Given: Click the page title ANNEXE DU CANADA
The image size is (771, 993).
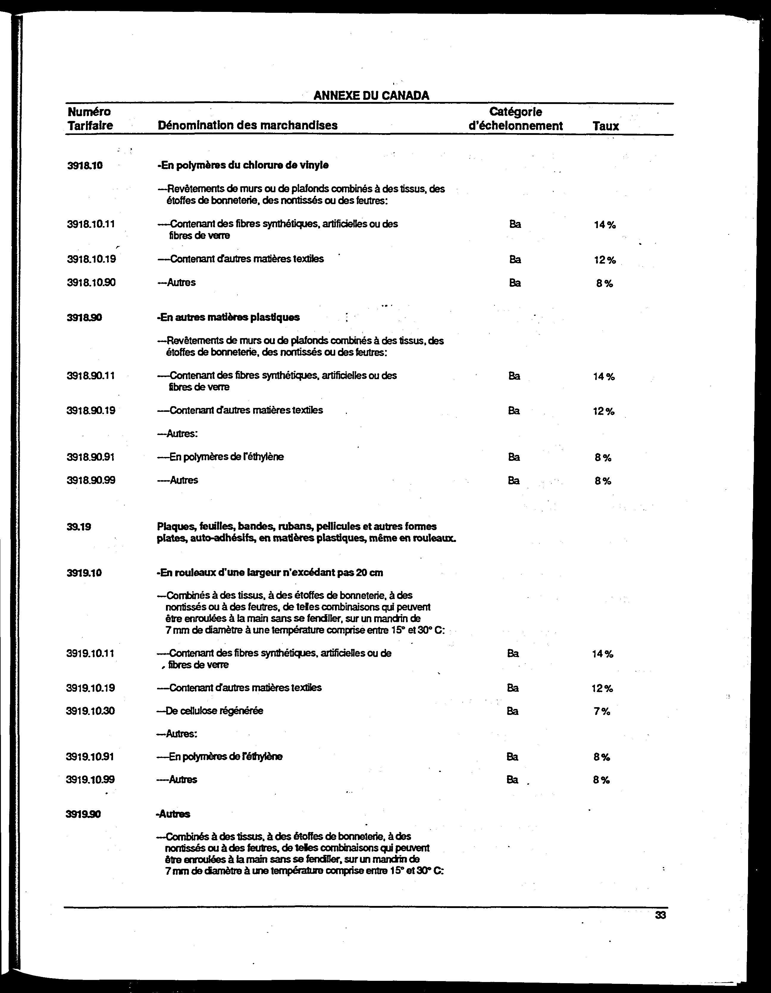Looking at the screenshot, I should point(371,95).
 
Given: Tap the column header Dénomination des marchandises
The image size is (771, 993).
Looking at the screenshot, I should point(247,125).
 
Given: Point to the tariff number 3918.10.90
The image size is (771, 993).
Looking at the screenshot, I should point(91,282).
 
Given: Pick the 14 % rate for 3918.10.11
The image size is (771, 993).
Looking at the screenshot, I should point(604,225).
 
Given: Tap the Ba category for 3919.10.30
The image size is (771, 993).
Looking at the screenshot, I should point(513,711).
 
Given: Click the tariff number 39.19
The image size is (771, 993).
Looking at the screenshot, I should point(79,527).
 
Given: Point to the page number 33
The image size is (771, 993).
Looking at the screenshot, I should point(660,915).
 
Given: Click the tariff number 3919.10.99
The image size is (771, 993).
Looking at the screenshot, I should point(90,779).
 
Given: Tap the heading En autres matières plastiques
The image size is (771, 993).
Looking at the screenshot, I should point(228,317).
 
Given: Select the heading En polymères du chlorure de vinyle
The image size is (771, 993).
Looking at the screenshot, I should point(243,165).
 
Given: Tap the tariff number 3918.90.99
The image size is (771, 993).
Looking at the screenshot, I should point(90,480).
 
